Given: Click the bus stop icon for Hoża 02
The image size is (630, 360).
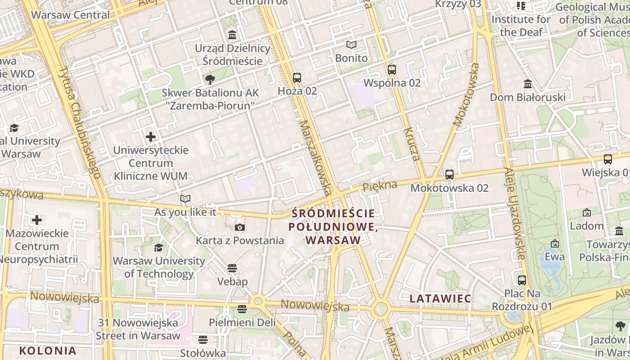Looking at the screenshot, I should click(297, 78).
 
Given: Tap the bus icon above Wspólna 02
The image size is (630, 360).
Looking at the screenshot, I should click(391, 70).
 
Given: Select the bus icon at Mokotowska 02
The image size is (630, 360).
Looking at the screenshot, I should click(449, 175).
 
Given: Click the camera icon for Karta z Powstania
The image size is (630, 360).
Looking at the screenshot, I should click(240, 228).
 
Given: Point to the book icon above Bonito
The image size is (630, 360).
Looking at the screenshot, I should click(351, 45).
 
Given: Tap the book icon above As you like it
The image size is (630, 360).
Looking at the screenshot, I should click(185, 198).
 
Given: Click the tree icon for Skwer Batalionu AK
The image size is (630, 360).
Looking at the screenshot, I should click(210, 80).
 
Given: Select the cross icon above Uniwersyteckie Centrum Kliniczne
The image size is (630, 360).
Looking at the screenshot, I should click(151, 136).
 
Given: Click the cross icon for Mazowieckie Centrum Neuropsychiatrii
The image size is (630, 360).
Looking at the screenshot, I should click(37, 220).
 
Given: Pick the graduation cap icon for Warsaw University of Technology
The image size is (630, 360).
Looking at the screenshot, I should click(158, 248).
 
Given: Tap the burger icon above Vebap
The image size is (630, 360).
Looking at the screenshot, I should click(232, 269).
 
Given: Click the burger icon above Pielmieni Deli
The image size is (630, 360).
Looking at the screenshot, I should click(242, 309).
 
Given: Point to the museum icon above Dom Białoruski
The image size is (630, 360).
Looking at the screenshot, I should click(527, 84).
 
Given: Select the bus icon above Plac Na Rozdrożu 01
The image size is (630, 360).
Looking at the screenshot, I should click(522, 280).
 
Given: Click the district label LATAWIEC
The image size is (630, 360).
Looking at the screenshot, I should click(441, 298).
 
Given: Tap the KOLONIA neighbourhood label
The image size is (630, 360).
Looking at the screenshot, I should click(48, 351).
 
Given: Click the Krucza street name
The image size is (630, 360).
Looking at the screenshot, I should click(412, 144).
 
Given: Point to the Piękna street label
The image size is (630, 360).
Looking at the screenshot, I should click(380, 185).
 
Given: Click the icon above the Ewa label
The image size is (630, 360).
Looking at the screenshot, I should click(555, 243).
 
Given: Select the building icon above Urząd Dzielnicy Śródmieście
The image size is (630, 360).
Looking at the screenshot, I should click(232, 35).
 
